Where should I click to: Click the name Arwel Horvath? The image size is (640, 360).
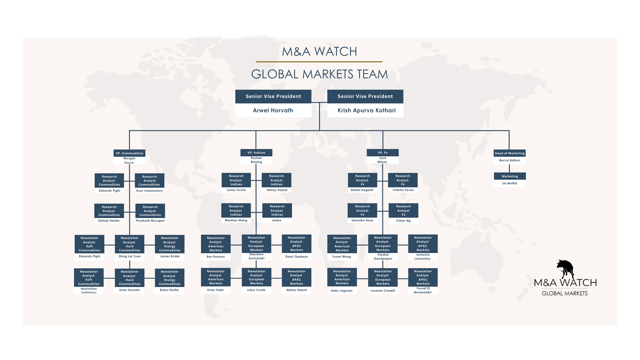(x=273, y=110)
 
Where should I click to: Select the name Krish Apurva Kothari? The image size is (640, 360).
(x=366, y=110)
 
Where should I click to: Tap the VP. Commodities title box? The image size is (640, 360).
(x=129, y=153)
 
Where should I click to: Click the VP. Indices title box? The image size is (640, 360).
(x=256, y=153)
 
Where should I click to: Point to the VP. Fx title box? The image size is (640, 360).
(x=383, y=153)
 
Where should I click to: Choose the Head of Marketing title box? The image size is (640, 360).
(x=509, y=153)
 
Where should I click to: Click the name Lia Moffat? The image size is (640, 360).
(x=509, y=183)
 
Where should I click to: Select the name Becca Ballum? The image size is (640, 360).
(x=509, y=160)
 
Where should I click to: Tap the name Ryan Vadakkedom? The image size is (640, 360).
(x=149, y=191)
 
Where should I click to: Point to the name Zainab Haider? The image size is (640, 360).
(x=109, y=221)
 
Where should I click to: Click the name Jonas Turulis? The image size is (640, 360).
(x=236, y=190)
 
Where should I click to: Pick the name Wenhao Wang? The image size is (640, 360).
(x=236, y=220)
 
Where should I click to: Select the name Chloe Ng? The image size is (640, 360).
(x=403, y=221)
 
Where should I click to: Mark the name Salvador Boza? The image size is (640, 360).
(x=362, y=220)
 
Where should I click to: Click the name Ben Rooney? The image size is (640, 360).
(x=216, y=257)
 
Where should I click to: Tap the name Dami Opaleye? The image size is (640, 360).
(x=296, y=257)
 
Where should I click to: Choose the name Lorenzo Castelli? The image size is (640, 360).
(x=383, y=291)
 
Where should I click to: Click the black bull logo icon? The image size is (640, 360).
(x=565, y=269)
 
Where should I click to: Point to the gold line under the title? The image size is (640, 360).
(x=319, y=62)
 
